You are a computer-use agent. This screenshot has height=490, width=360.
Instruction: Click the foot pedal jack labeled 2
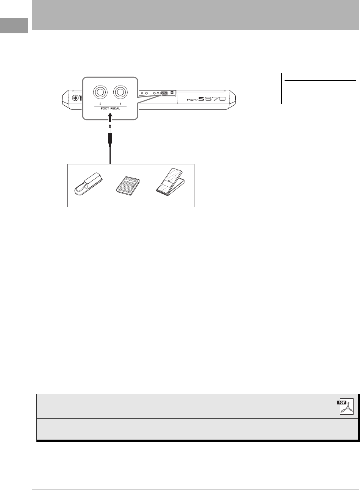[x=100, y=92]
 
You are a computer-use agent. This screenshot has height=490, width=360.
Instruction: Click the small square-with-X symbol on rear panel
[x=172, y=93]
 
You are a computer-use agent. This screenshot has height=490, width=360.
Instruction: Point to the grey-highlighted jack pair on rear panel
[x=164, y=93]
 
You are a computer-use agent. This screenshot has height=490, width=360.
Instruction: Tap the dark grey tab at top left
[x=14, y=26]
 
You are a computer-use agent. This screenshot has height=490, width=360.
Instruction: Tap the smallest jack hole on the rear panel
[x=142, y=93]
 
